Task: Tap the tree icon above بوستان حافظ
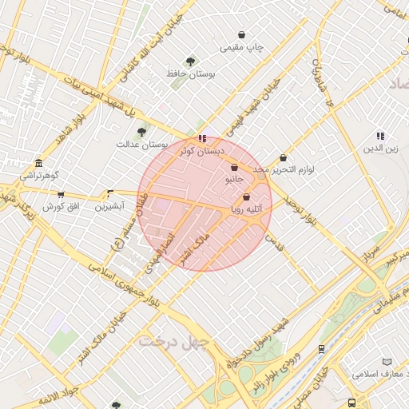pos(190,62)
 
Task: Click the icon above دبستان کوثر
pos(202,137)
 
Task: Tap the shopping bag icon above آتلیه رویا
pos(245,197)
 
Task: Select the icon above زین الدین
pos(380,137)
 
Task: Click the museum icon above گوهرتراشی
pos(38,162)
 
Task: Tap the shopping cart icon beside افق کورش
pos(61,194)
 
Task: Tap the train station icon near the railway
pos(321,349)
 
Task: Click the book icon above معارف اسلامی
pos(387,362)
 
